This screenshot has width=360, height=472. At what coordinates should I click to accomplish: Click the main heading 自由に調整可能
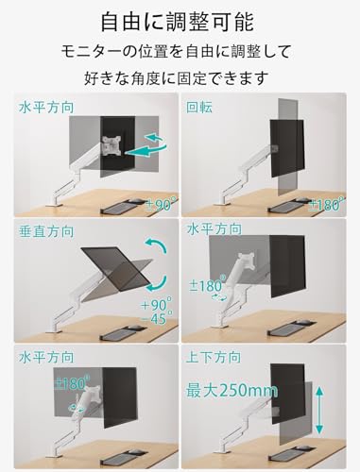pyautogui.click(x=178, y=22)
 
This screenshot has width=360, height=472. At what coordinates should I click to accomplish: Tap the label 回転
pyautogui.click(x=199, y=108)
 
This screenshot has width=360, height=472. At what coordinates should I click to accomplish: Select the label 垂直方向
pyautogui.click(x=46, y=232)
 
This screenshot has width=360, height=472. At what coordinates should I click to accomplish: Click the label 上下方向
pyautogui.click(x=214, y=358)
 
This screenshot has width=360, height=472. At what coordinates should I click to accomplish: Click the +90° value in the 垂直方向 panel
pyautogui.click(x=157, y=304)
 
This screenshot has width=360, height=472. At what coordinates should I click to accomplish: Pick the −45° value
pyautogui.click(x=157, y=318)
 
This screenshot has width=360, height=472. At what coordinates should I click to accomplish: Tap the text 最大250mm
pyautogui.click(x=231, y=391)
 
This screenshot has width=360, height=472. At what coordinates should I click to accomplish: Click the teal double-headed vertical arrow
pyautogui.click(x=319, y=411)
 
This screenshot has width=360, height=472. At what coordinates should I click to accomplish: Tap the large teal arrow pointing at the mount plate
pyautogui.click(x=146, y=151)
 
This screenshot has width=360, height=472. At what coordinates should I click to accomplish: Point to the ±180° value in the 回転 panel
pyautogui.click(x=325, y=205)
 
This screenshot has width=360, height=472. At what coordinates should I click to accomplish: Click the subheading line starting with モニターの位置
pyautogui.click(x=176, y=52)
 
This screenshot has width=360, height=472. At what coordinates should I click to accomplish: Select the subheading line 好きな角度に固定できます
pyautogui.click(x=176, y=78)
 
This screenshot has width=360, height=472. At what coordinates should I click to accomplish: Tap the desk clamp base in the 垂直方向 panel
pyautogui.click(x=54, y=330)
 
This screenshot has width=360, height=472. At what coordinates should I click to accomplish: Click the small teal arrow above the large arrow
pyautogui.click(x=154, y=138)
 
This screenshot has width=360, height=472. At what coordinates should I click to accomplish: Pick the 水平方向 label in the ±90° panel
pyautogui.click(x=46, y=108)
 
